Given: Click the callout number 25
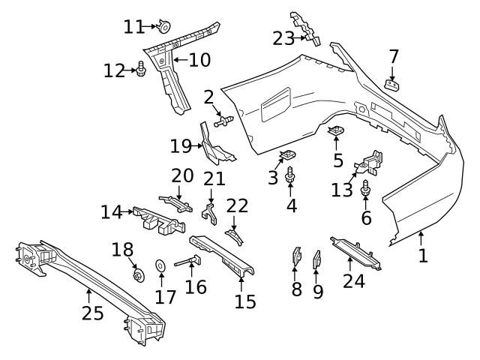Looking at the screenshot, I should pos(92,313).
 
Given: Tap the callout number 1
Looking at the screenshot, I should pos(423,255).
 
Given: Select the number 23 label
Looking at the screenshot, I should pos(283,37).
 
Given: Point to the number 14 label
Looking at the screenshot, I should pos(111,212).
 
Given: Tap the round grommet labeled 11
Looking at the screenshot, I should pos(163,28).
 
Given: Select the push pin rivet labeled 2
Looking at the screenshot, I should pos(224,119).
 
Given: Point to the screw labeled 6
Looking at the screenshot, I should pos(366,189).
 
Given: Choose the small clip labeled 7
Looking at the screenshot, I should pos(391,83).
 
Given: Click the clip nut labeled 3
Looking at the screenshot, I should pos(286,157).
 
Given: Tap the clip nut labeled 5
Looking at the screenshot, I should pos(337,133).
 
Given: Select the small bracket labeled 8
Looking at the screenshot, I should pos(296,256).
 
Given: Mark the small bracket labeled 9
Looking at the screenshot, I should pos(316,259).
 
